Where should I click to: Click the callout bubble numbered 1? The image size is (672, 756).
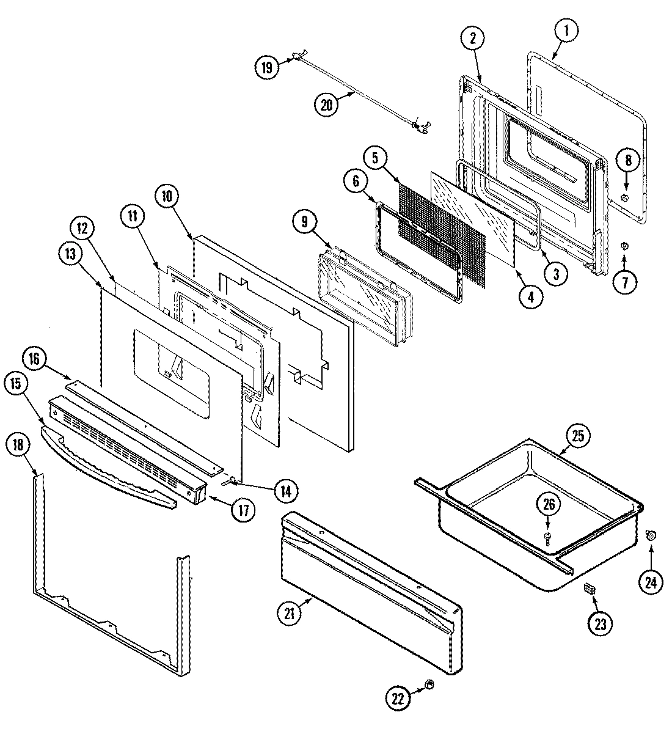coord(566,30)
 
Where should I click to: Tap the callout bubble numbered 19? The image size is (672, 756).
coord(266,66)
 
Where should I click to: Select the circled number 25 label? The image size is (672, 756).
coord(578,436)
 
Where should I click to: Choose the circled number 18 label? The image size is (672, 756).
coord(18,445)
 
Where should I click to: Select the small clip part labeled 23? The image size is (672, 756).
coord(590,588)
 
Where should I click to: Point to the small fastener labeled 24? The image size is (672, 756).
coord(651,536)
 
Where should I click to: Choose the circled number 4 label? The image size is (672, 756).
coord(530,297)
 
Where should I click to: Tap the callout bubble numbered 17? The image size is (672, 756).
coord(243,510)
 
